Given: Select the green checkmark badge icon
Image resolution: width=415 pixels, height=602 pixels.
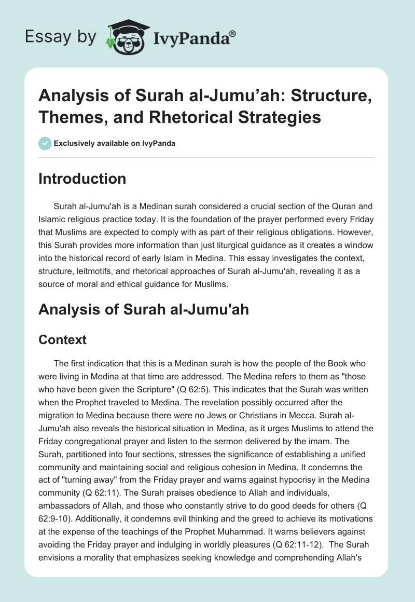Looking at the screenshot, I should click(x=45, y=143).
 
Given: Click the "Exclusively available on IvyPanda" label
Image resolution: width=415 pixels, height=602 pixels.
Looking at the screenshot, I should click(x=114, y=143).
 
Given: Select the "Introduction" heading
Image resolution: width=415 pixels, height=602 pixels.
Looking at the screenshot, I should click(x=82, y=179).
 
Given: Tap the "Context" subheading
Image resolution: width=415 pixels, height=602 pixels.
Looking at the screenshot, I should click(x=62, y=340).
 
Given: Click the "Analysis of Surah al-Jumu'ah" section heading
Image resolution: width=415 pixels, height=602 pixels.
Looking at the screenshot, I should click(x=144, y=310).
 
